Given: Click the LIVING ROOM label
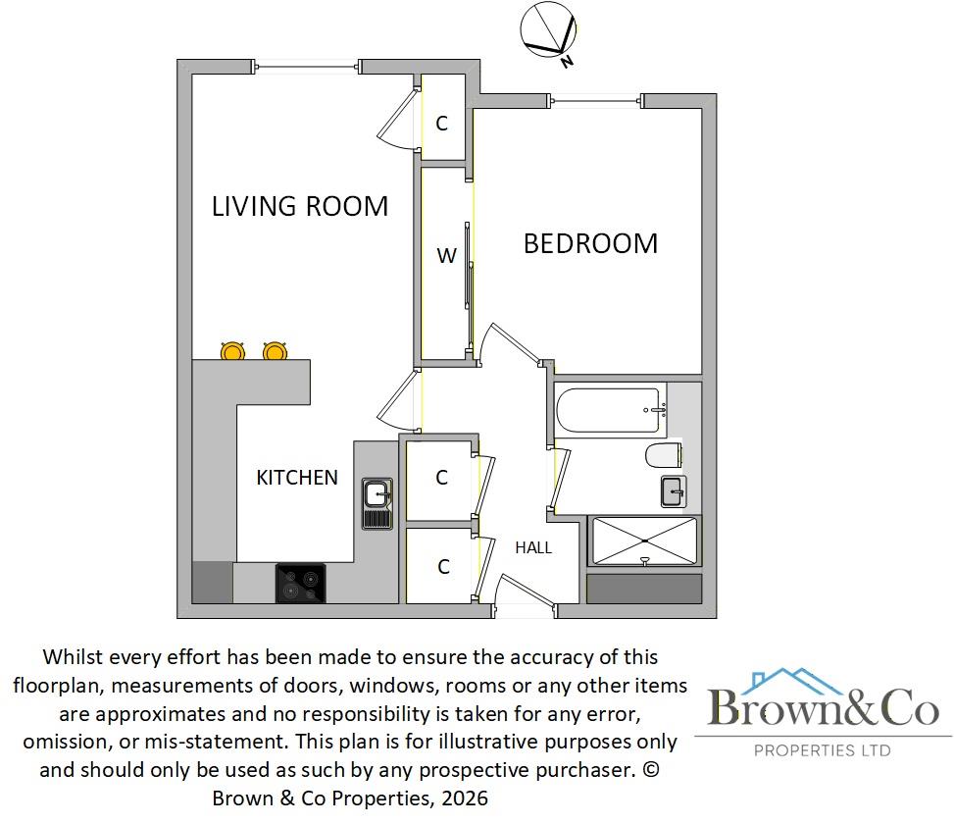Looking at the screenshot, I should [300, 206].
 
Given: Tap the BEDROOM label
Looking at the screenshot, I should [590, 243].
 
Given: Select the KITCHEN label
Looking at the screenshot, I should [297, 478].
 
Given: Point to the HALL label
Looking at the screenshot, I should [534, 547].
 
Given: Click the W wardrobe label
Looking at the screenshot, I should [446, 256].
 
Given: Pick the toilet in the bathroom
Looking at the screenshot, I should [663, 456].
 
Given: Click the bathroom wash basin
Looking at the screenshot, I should [674, 490].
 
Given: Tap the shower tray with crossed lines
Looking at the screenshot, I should [644, 541].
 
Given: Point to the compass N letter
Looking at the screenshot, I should [567, 62].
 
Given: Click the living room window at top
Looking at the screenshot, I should [308, 67].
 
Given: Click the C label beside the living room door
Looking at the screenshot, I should [442, 124].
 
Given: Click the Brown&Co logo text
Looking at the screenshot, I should [823, 707].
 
